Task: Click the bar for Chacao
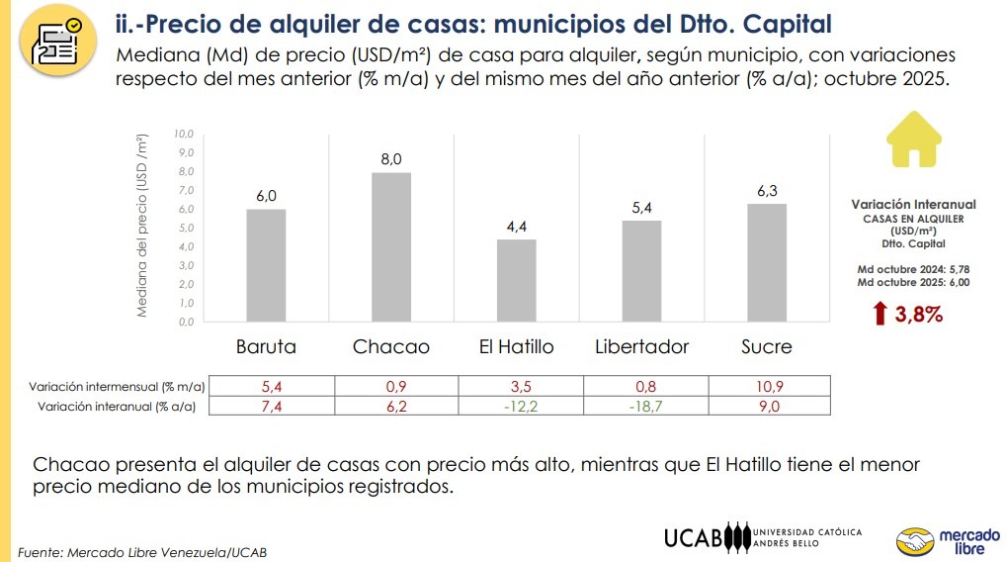coord(391,247)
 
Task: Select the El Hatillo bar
coord(517,281)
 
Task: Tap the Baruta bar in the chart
coord(266,265)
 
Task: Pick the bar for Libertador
coord(641,271)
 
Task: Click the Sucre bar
coord(767,262)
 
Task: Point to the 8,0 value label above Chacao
coord(391,159)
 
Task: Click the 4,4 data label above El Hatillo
coord(517,227)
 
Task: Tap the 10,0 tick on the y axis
coord(184,134)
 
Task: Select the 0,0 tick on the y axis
coord(184,322)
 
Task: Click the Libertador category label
coord(641,347)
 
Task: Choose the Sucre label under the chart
coord(767,347)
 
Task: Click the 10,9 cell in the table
coord(767,386)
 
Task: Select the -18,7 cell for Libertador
coord(641,406)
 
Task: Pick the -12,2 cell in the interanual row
coord(517,406)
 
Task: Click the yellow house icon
coord(914,141)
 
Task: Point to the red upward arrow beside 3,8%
coord(880,315)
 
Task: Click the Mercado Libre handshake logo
coord(914,541)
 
